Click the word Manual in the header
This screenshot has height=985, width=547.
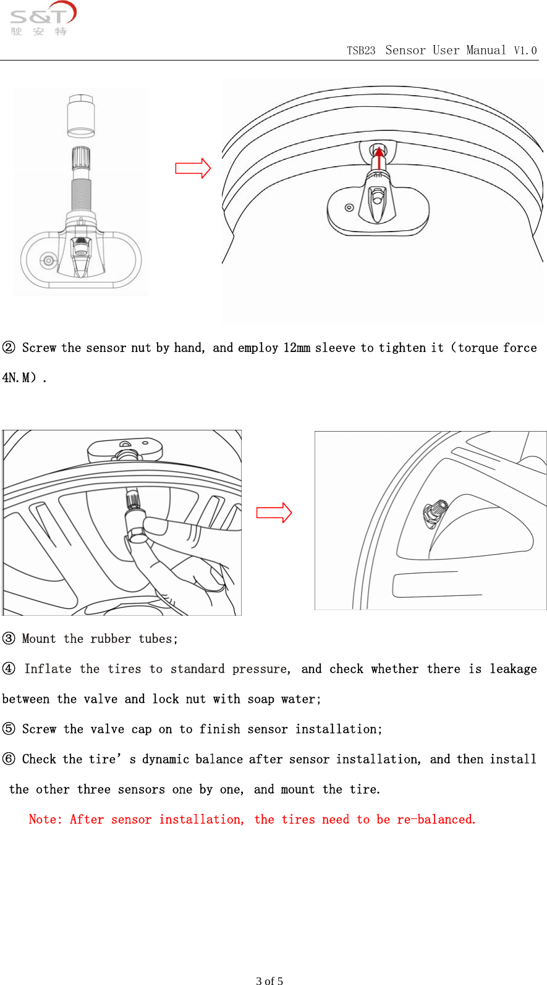coord(486,50)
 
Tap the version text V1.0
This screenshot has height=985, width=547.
coord(525,51)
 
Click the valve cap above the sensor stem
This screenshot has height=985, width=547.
coord(81,115)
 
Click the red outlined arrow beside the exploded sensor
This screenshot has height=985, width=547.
coord(193,168)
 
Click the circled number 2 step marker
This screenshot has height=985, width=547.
coord(9,348)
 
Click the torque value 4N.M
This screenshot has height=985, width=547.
coord(19,377)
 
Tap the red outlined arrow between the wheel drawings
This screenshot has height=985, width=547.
coord(274,513)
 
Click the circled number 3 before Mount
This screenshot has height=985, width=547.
coord(9,639)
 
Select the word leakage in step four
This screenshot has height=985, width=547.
coord(513,669)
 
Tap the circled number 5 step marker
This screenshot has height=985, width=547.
coord(9,729)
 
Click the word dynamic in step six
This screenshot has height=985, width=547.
coord(165,759)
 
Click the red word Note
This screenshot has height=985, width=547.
coord(45,819)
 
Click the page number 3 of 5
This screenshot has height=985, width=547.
coord(269,980)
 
